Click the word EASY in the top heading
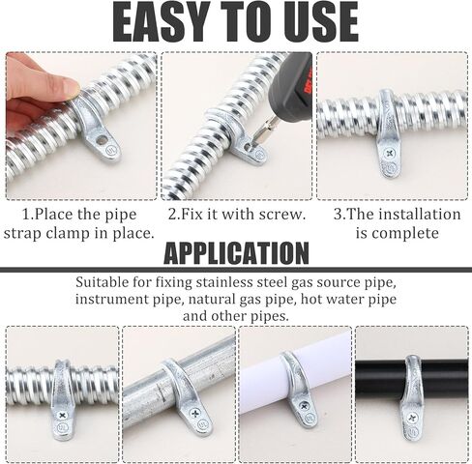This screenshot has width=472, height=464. click(x=161, y=21)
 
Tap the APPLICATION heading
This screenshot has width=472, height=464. click(x=236, y=253)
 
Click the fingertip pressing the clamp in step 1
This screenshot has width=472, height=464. click(x=66, y=87)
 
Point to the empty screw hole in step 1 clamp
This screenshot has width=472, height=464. click(x=103, y=139)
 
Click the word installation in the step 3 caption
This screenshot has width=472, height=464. click(x=420, y=215)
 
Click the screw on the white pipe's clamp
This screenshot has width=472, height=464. click(x=304, y=407)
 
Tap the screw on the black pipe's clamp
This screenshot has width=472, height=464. click(x=412, y=419)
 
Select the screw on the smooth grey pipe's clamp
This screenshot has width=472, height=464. click(x=195, y=414)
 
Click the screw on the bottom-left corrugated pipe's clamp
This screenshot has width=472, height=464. click(x=61, y=416)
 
